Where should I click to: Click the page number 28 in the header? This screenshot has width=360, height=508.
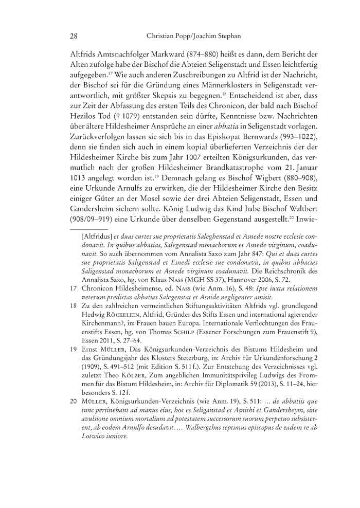tap(73, 37)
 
